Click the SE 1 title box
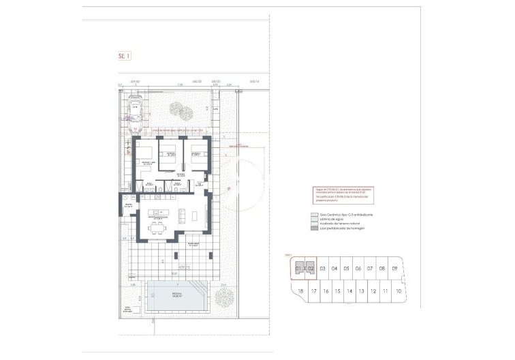click(124, 57)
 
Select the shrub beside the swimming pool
click(223, 297)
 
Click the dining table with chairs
click(157, 226)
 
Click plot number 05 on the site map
click(346, 269)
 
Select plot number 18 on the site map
click(300, 291)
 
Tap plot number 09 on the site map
click(395, 269)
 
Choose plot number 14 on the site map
click(349, 291)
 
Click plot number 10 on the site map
click(398, 291)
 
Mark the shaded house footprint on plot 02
click(311, 266)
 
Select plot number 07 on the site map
click(370, 269)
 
